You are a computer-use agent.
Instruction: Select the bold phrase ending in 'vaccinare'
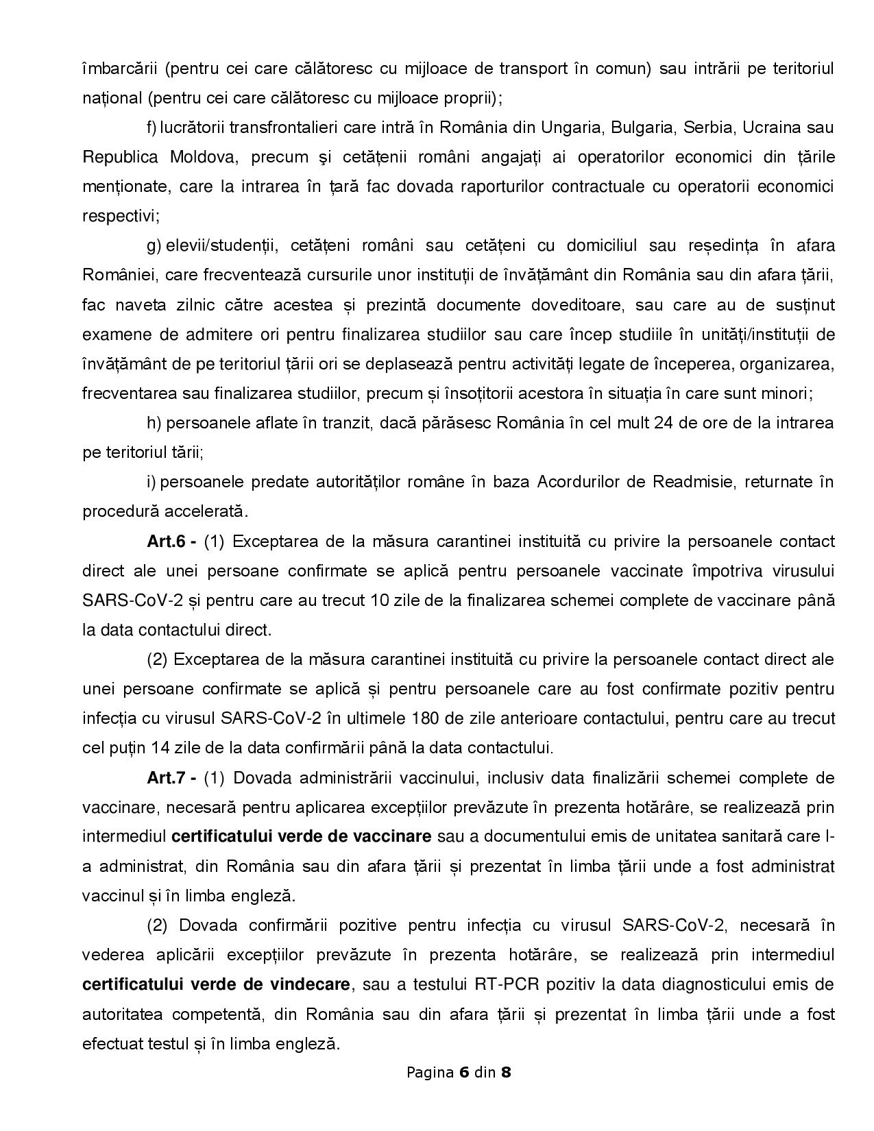point(301,836)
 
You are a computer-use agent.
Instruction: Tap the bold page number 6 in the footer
point(463,1072)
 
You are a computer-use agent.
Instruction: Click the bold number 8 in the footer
point(506,1072)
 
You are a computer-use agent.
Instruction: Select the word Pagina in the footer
point(430,1072)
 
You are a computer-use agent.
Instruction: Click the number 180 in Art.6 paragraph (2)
point(426,718)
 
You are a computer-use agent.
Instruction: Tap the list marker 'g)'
point(154,246)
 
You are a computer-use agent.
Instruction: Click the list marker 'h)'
point(154,422)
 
